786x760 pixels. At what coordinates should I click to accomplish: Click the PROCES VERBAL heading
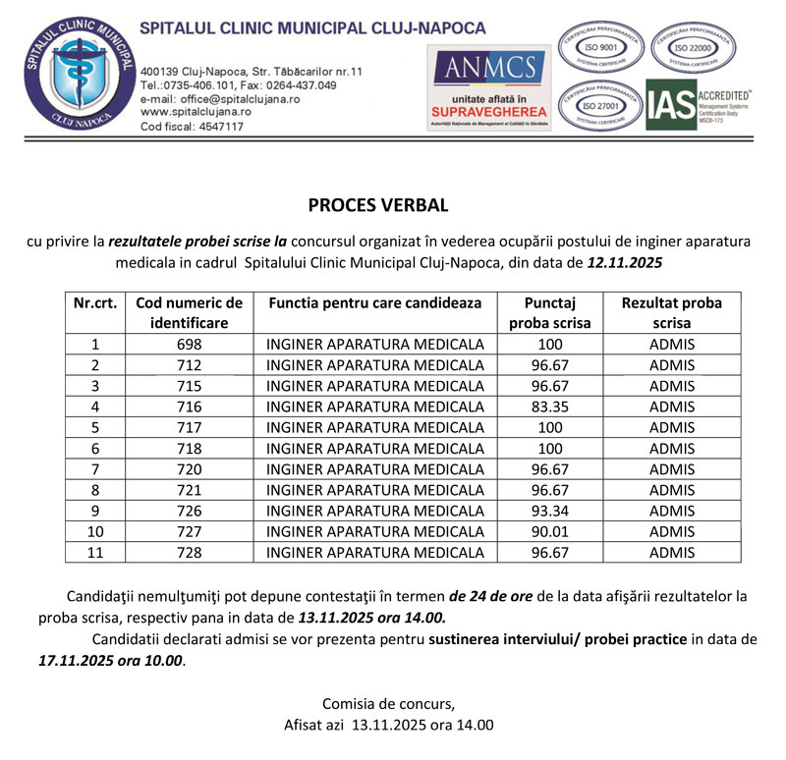coord(378,206)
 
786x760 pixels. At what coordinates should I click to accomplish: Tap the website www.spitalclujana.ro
coord(196,113)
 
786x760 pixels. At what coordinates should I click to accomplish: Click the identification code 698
coord(190,344)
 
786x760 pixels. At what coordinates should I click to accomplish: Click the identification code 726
coord(190,511)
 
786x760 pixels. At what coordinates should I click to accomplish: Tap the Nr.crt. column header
coord(95,303)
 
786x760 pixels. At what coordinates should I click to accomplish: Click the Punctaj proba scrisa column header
coord(550,312)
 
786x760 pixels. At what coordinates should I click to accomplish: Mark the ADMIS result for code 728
coord(672,553)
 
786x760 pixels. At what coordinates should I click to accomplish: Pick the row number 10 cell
coord(95,531)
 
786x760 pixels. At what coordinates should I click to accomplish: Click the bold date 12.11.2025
coord(625,263)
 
